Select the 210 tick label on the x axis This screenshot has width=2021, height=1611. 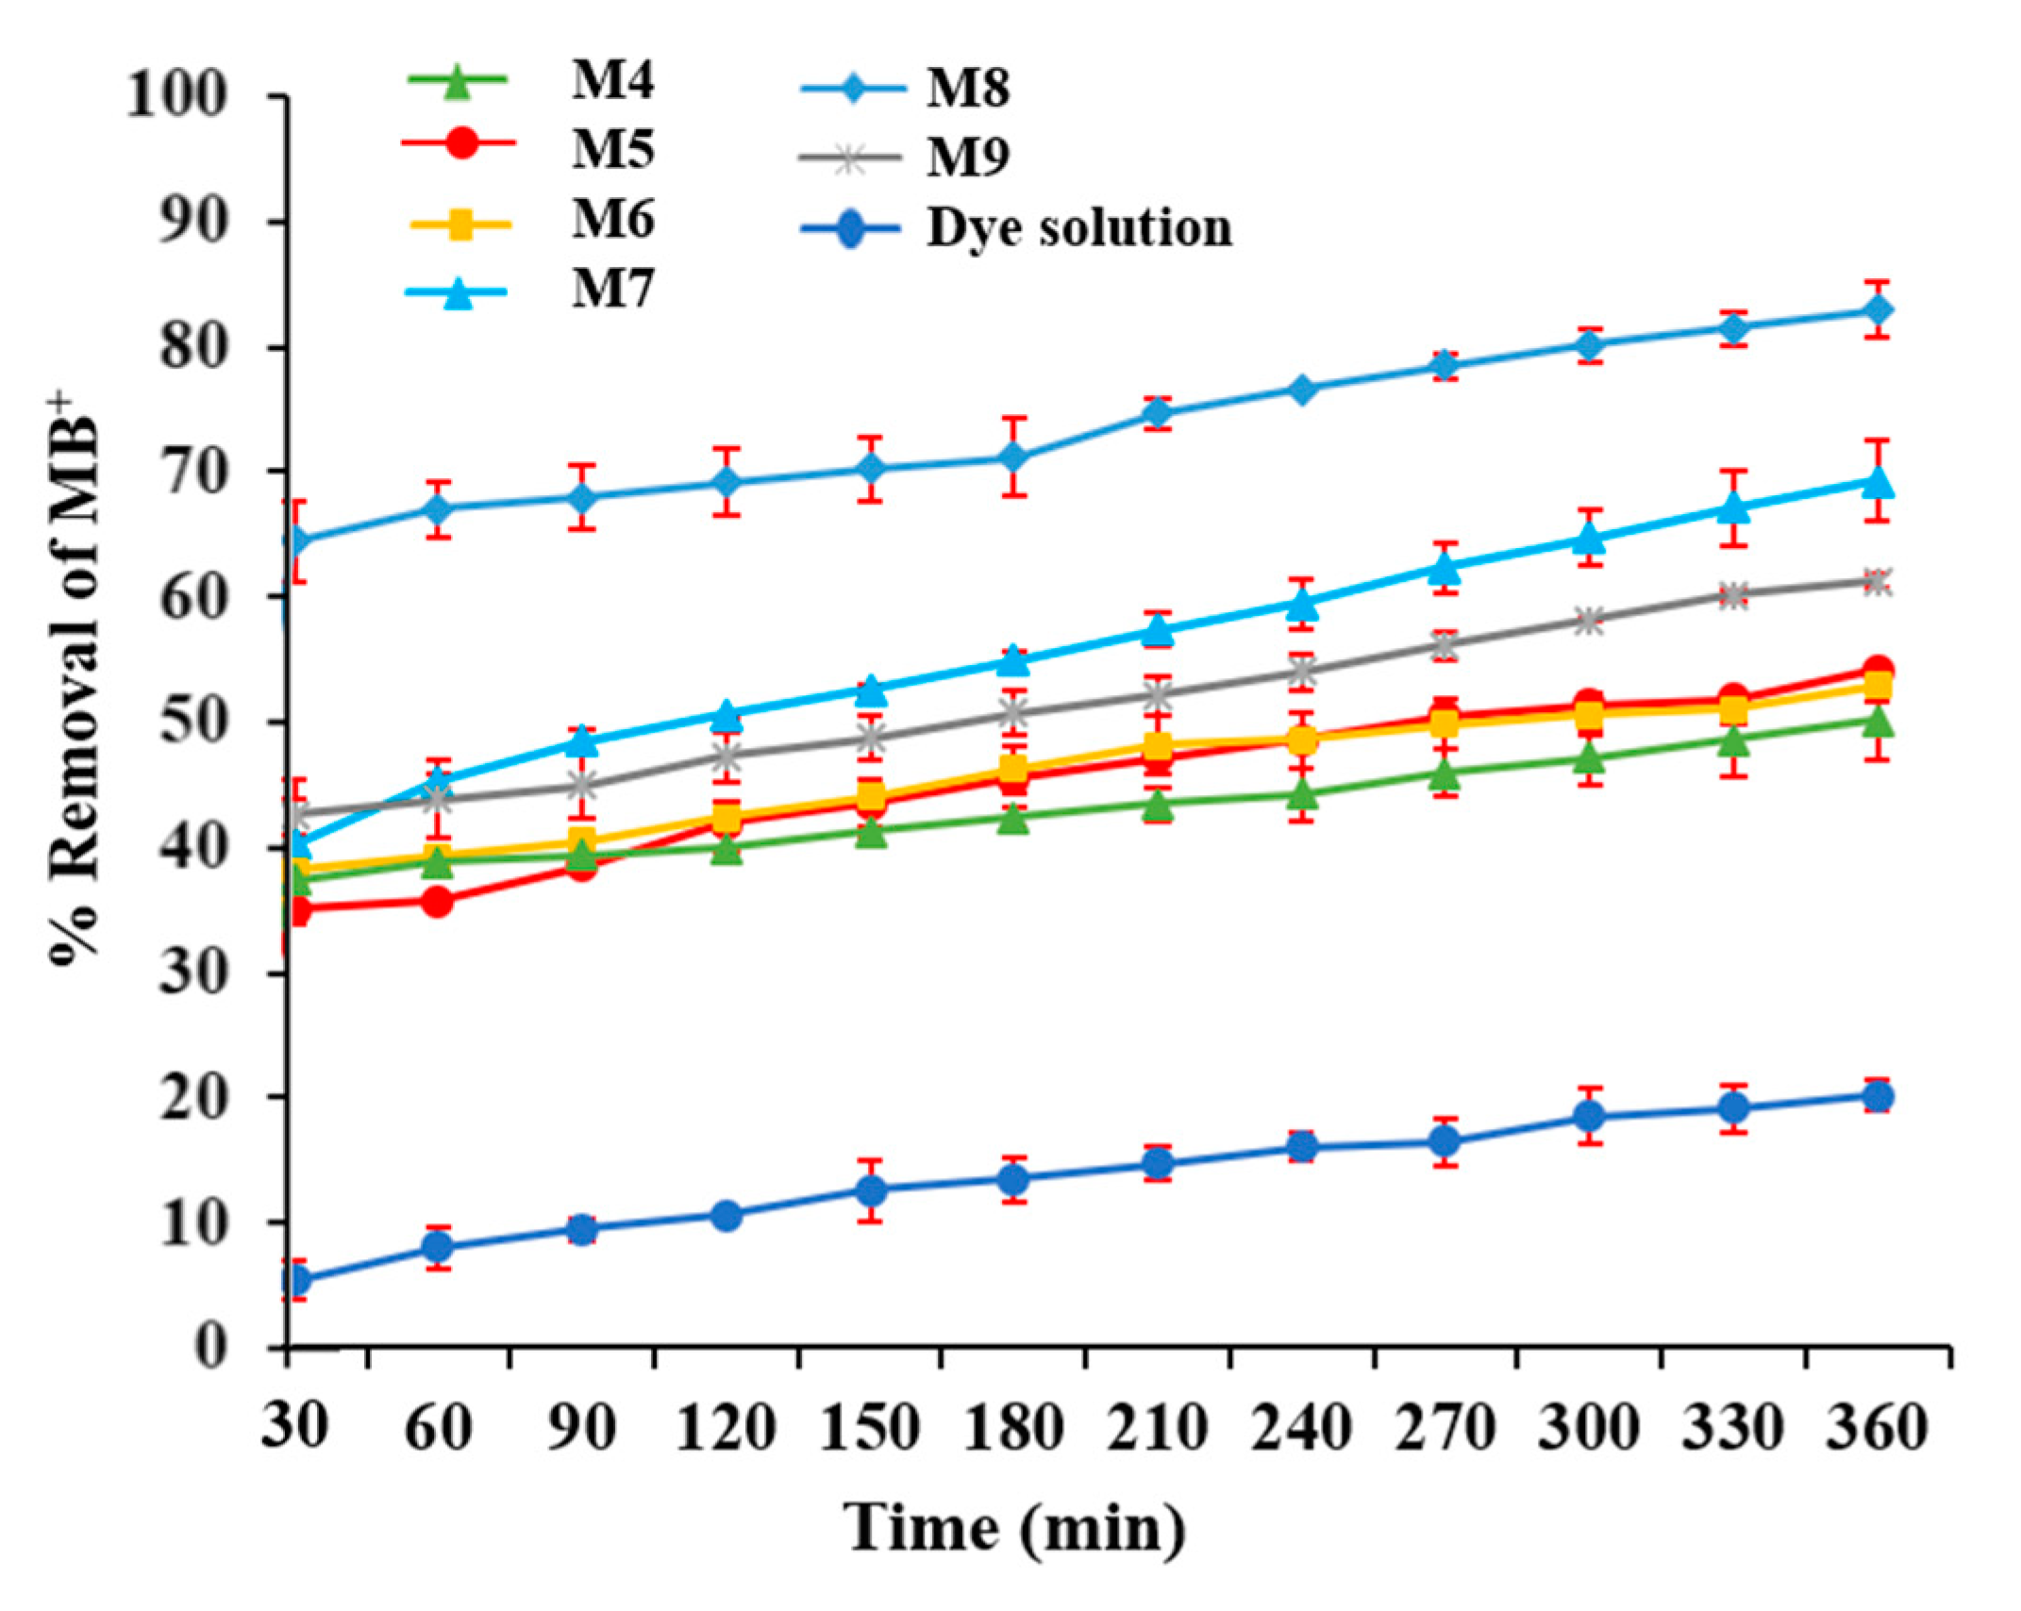coord(1158,1427)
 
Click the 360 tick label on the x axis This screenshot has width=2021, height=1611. coord(1876,1427)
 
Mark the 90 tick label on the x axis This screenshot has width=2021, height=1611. coord(581,1427)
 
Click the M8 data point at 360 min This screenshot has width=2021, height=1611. coord(1878,309)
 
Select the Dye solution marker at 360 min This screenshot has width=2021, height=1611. coord(1878,1096)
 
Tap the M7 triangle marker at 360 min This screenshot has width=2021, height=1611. coord(1878,482)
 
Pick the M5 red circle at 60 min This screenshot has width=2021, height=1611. coord(437,903)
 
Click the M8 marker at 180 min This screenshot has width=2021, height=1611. coord(1013,458)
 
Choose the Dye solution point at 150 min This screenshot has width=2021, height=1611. coord(870,1190)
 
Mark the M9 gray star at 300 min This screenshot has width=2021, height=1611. coord(1589,622)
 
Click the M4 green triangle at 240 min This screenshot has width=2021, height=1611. coord(1301,795)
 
